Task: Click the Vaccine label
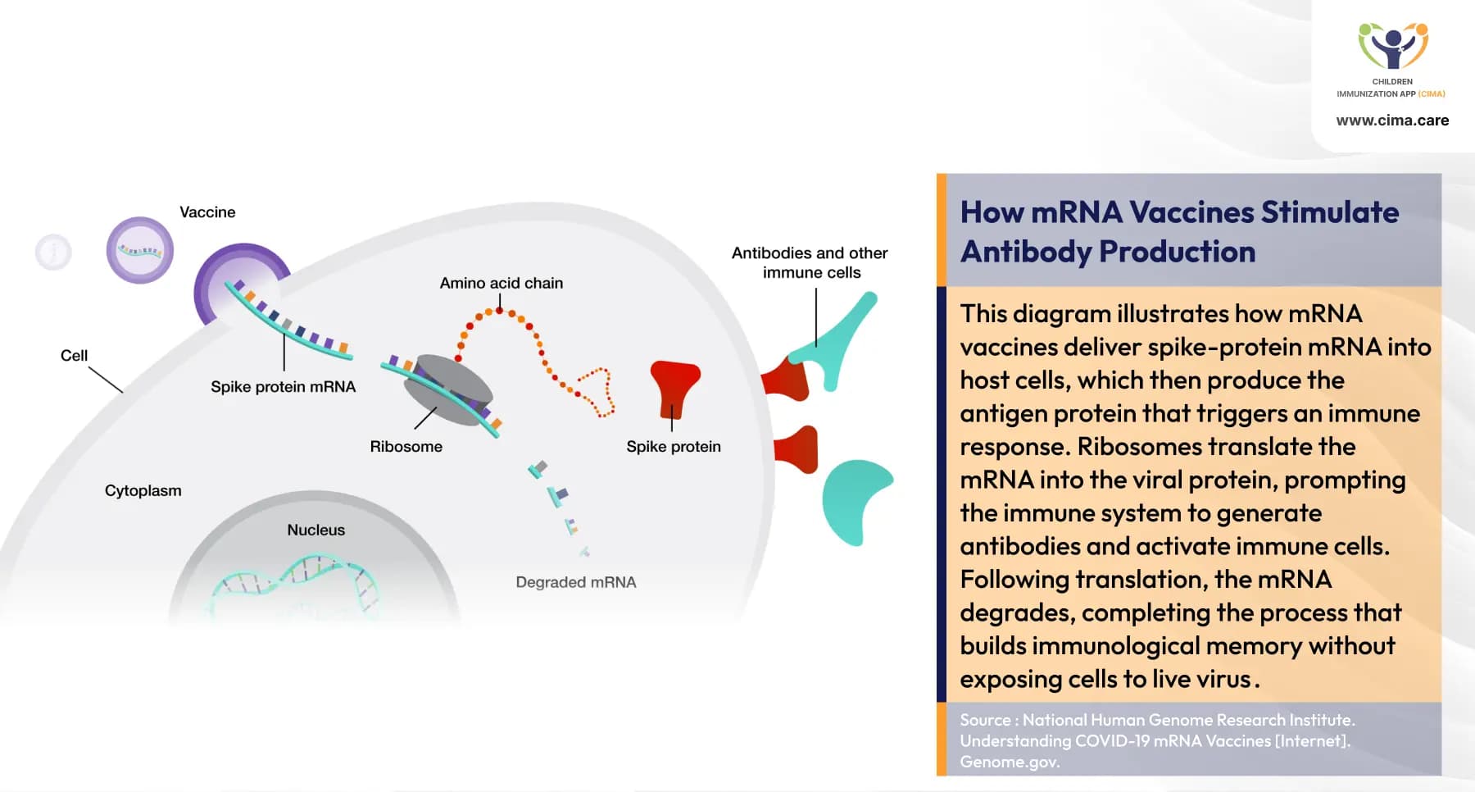pyautogui.click(x=207, y=212)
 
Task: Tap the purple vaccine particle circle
pyautogui.click(x=140, y=250)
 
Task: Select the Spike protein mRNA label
pyautogui.click(x=283, y=387)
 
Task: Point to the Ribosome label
pyautogui.click(x=406, y=447)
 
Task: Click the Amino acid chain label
pyautogui.click(x=501, y=283)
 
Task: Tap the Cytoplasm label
pyautogui.click(x=143, y=491)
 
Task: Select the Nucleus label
pyautogui.click(x=315, y=530)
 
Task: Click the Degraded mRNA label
pyautogui.click(x=575, y=582)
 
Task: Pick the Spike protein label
pyautogui.click(x=674, y=447)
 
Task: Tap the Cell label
pyautogui.click(x=74, y=356)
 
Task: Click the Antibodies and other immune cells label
pyautogui.click(x=810, y=262)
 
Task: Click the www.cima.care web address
pyautogui.click(x=1392, y=121)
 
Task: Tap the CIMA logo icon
pyautogui.click(x=1392, y=46)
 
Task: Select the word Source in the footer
pyautogui.click(x=985, y=720)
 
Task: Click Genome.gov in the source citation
pyautogui.click(x=1010, y=762)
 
